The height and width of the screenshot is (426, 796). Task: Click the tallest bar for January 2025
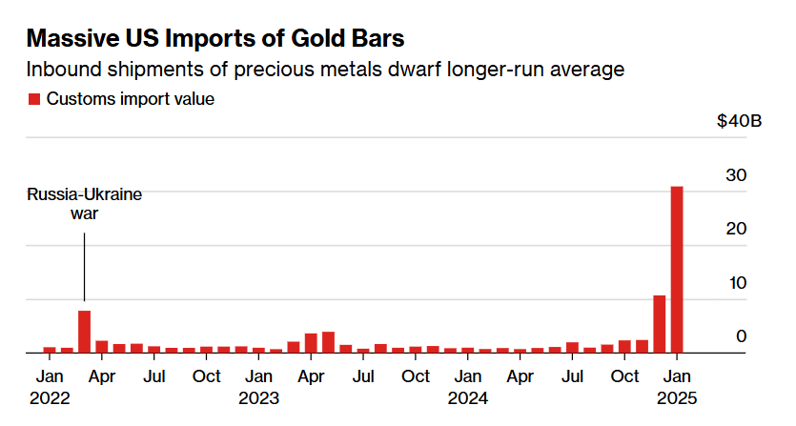pyautogui.click(x=677, y=269)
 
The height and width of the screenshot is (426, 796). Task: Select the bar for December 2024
pyautogui.click(x=659, y=324)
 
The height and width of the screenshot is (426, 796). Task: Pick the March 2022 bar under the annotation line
pyautogui.click(x=85, y=332)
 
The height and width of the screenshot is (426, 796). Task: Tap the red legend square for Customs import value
pyautogui.click(x=34, y=99)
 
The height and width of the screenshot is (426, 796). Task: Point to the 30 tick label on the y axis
pyautogui.click(x=735, y=175)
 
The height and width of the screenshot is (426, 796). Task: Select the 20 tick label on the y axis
pyautogui.click(x=735, y=229)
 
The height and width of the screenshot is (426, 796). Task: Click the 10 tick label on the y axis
pyautogui.click(x=735, y=283)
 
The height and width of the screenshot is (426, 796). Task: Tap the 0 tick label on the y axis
pyautogui.click(x=740, y=336)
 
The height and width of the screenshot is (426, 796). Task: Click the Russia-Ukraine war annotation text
pyautogui.click(x=84, y=204)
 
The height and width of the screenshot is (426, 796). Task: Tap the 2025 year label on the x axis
pyautogui.click(x=677, y=397)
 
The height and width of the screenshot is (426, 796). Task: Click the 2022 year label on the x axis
pyautogui.click(x=50, y=397)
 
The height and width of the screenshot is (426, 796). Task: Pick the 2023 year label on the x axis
pyautogui.click(x=258, y=397)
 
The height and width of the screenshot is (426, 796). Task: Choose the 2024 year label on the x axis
pyautogui.click(x=467, y=397)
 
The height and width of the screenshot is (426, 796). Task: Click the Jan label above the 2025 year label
pyautogui.click(x=677, y=376)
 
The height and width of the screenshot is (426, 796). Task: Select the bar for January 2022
pyautogui.click(x=50, y=350)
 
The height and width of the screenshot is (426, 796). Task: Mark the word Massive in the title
pyautogui.click(x=74, y=39)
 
